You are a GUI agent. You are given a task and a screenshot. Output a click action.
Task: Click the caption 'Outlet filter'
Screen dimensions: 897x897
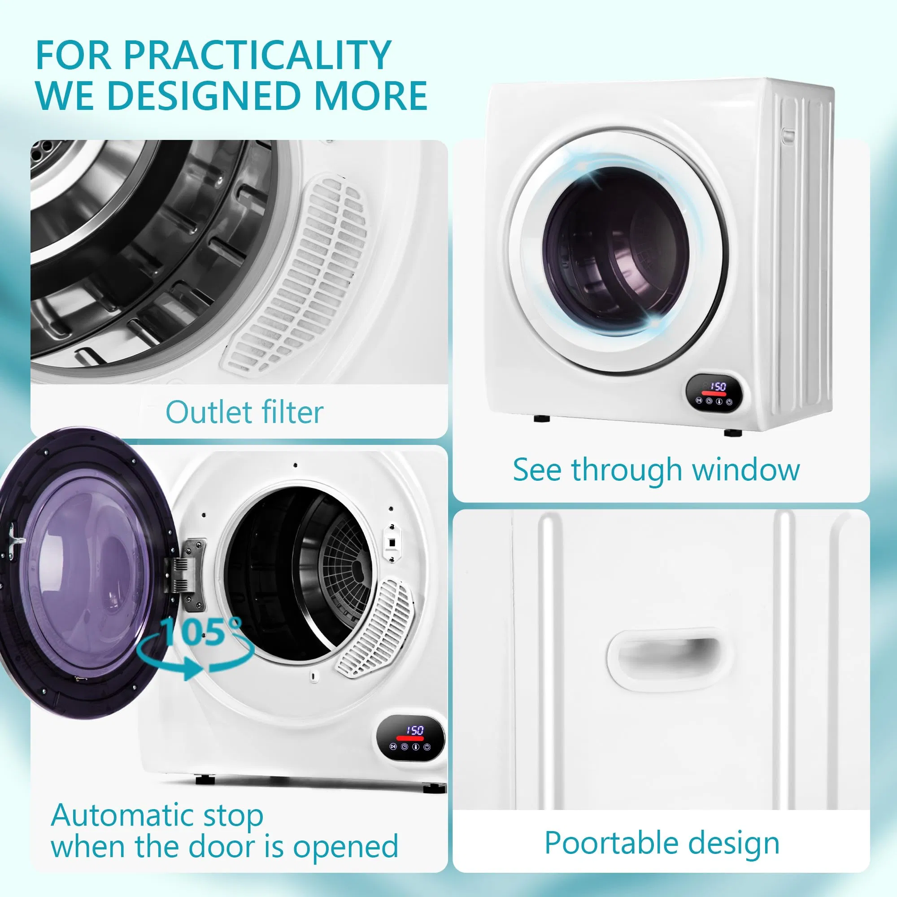point(244,412)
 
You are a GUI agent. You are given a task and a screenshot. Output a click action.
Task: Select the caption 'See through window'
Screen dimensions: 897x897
point(657,470)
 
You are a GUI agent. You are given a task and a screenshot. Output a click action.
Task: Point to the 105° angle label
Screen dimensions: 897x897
point(202,631)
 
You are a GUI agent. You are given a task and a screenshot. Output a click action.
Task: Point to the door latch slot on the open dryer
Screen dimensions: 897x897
point(392,541)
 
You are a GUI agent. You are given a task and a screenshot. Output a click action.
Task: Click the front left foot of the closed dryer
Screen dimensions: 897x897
point(541,418)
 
